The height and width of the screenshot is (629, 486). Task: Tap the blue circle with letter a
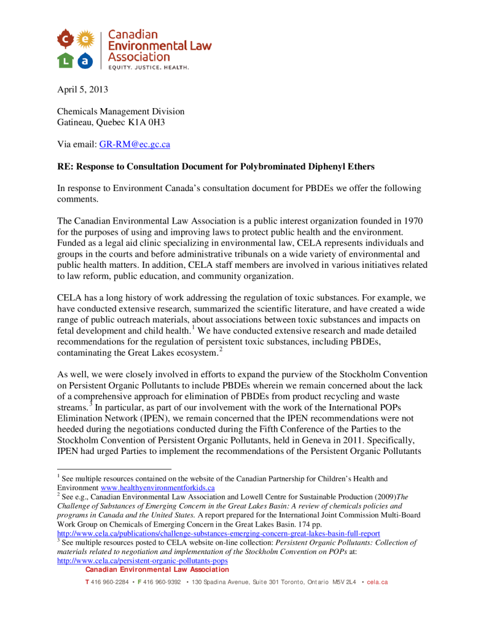[85, 60]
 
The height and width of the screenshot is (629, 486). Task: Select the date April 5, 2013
[82, 89]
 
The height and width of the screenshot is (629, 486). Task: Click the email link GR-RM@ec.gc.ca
[135, 144]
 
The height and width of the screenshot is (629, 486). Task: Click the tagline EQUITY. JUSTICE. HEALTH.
[149, 68]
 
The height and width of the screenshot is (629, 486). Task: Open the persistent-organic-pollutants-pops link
[142, 561]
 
